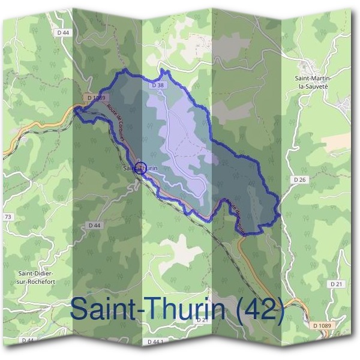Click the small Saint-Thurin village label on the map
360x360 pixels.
pyautogui.click(x=141, y=169)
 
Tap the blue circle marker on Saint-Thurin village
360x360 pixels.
pyautogui.click(x=141, y=168)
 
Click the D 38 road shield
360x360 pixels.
pyautogui.click(x=158, y=86)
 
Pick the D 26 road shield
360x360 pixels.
pyautogui.click(x=300, y=179)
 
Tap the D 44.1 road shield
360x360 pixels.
pyautogui.click(x=155, y=341)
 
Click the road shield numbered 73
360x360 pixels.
pyautogui.click(x=8, y=217)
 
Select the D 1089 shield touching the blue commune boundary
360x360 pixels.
pyautogui.click(x=95, y=97)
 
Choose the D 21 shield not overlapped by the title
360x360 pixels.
pyautogui.click(x=335, y=283)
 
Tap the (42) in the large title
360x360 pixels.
pyautogui.click(x=260, y=310)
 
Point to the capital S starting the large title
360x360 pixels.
pyautogui.click(x=79, y=310)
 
